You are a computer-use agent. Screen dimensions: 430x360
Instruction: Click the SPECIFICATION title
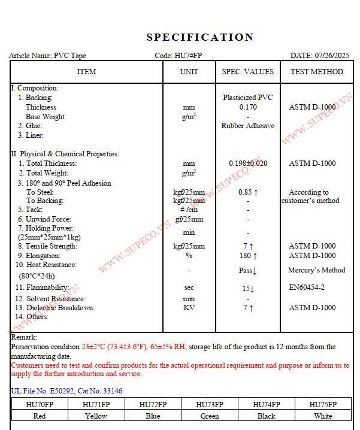[x=200, y=37]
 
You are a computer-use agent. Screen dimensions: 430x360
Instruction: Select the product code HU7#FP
[x=188, y=56]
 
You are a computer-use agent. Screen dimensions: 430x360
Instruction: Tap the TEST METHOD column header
[x=317, y=72]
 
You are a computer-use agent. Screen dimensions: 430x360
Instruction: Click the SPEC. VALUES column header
[x=247, y=72]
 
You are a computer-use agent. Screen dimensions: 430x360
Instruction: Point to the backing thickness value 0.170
[x=248, y=107]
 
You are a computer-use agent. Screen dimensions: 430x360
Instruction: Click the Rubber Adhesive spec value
[x=248, y=126]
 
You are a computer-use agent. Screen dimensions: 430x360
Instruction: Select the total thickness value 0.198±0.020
[x=248, y=163]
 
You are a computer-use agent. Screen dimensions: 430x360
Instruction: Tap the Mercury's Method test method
[x=316, y=270]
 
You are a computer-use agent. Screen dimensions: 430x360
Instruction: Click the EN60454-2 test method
[x=307, y=287]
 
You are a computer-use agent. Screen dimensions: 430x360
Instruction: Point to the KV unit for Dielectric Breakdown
[x=189, y=308]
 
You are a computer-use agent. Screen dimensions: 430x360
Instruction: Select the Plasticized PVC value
[x=248, y=98]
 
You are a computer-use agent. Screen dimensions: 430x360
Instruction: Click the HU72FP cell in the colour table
[x=153, y=404]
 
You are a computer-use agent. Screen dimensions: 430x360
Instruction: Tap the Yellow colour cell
[x=96, y=416]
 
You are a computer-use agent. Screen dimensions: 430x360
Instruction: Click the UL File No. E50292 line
[x=66, y=391]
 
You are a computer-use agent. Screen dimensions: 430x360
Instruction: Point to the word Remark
[x=23, y=337]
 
